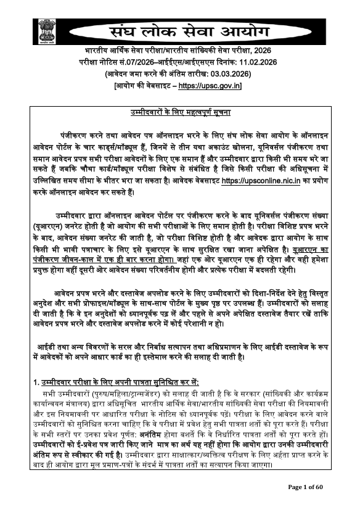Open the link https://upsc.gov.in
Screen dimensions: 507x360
point(210,85)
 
